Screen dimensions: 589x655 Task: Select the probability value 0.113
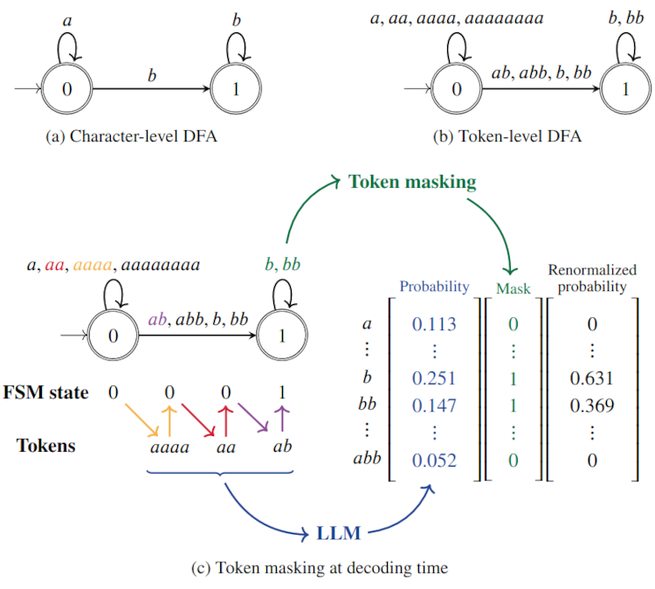(434, 325)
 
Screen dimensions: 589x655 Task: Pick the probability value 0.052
(434, 461)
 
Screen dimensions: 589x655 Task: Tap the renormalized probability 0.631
(593, 379)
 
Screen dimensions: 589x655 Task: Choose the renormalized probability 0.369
(593, 406)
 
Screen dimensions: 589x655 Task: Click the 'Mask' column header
(513, 288)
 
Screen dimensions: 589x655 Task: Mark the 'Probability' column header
(434, 286)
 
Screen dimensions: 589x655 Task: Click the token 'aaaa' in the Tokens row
(163, 446)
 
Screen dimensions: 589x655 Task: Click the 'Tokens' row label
(45, 445)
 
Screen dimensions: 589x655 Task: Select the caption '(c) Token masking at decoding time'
(320, 569)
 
